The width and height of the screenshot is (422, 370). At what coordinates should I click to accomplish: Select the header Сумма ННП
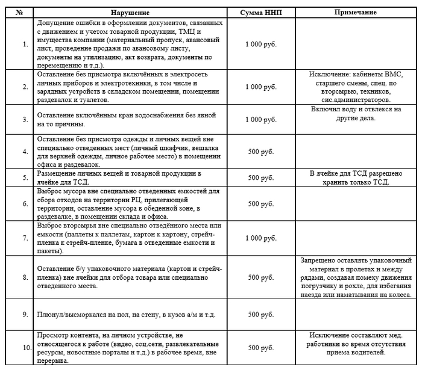(261, 13)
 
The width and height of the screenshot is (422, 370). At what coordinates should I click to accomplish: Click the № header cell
(20, 13)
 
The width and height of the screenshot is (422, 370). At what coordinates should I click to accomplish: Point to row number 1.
(25, 44)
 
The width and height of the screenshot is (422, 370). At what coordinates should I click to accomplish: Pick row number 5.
(25, 177)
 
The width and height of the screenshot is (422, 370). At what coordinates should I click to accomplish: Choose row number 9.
(25, 313)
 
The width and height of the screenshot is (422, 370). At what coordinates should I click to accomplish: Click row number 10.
(25, 348)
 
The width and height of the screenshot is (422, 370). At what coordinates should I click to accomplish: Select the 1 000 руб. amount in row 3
(261, 119)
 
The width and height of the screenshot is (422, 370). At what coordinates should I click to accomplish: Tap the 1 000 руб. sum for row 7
(261, 238)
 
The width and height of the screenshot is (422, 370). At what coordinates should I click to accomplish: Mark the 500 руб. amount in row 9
(261, 313)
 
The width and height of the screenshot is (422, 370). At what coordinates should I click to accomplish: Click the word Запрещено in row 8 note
(319, 261)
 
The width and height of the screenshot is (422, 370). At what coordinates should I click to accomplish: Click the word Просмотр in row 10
(54, 335)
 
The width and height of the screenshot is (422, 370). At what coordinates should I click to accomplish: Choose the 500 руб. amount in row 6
(261, 203)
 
